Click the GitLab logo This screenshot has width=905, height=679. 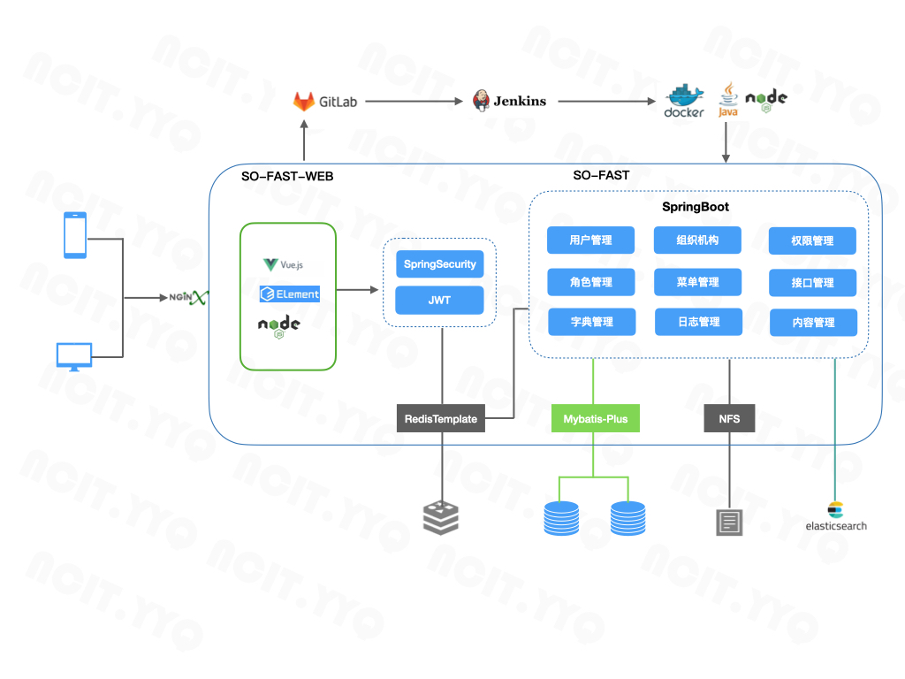point(304,102)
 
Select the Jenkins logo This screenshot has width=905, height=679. point(482,101)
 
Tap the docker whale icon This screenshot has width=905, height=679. point(684,97)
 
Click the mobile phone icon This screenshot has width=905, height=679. point(75,235)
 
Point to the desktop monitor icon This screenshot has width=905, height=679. point(74,356)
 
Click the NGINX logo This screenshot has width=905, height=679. point(188,297)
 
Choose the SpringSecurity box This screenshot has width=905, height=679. point(439,264)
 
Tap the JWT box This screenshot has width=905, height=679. point(439,300)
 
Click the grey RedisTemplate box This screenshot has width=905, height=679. point(441,419)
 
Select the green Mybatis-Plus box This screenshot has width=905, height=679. point(594,419)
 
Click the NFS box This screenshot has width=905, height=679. point(729,419)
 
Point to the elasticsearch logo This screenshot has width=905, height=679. point(835,516)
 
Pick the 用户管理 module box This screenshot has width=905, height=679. point(590,240)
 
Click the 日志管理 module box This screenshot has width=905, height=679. point(698,322)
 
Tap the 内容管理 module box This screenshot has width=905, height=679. point(813,323)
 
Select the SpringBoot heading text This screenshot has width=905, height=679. point(696,207)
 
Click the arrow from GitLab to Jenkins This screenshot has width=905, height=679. point(414,102)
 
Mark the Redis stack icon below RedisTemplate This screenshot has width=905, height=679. point(441,517)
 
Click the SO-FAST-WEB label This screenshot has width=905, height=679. point(287,176)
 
